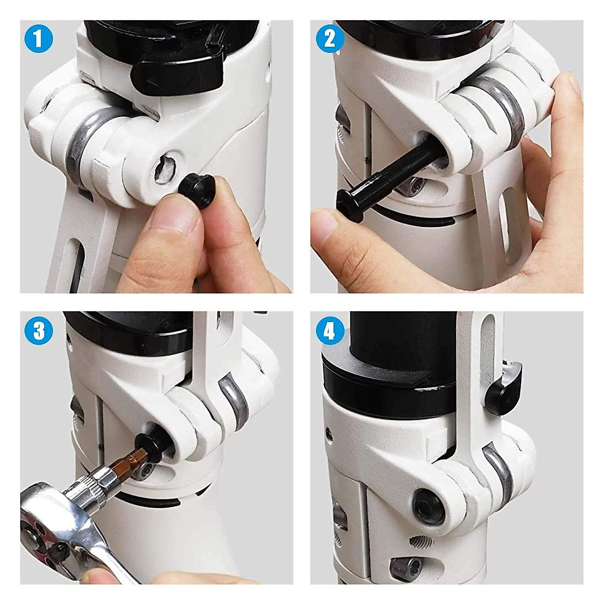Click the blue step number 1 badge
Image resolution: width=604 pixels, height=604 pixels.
pyautogui.click(x=38, y=39)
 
